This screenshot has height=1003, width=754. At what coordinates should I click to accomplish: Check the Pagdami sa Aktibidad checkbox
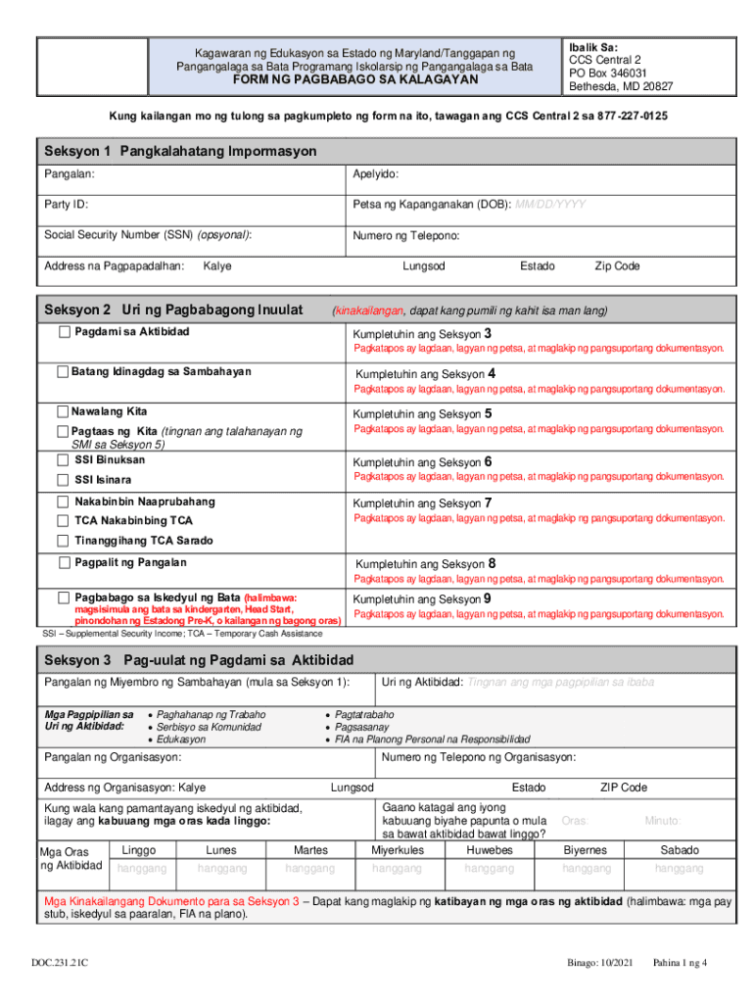click(x=65, y=332)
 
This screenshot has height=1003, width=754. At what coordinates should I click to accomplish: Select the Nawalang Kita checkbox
click(x=64, y=411)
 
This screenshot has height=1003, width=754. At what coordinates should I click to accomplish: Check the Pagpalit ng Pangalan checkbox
click(x=65, y=563)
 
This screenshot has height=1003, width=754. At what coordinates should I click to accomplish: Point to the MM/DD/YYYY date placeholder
click(x=551, y=205)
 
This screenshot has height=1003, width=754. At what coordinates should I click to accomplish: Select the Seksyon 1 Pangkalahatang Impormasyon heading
click(x=180, y=152)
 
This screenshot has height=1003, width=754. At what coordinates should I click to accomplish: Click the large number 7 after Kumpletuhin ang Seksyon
click(x=489, y=502)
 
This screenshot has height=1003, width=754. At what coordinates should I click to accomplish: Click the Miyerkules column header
click(x=398, y=850)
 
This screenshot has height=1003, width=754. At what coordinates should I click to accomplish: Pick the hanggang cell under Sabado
click(x=680, y=869)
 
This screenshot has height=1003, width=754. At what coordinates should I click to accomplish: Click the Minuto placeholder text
click(x=662, y=820)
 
